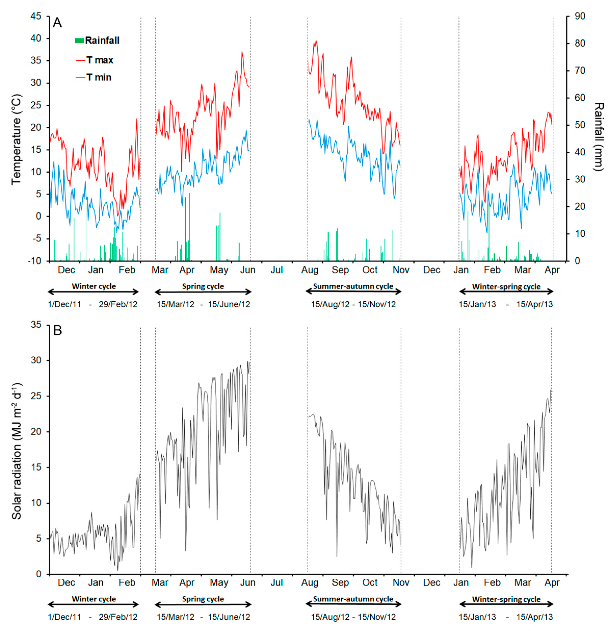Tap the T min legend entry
94,77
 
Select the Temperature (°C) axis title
16,139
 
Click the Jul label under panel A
277,270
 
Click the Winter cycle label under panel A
94,286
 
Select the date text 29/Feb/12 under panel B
118,617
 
